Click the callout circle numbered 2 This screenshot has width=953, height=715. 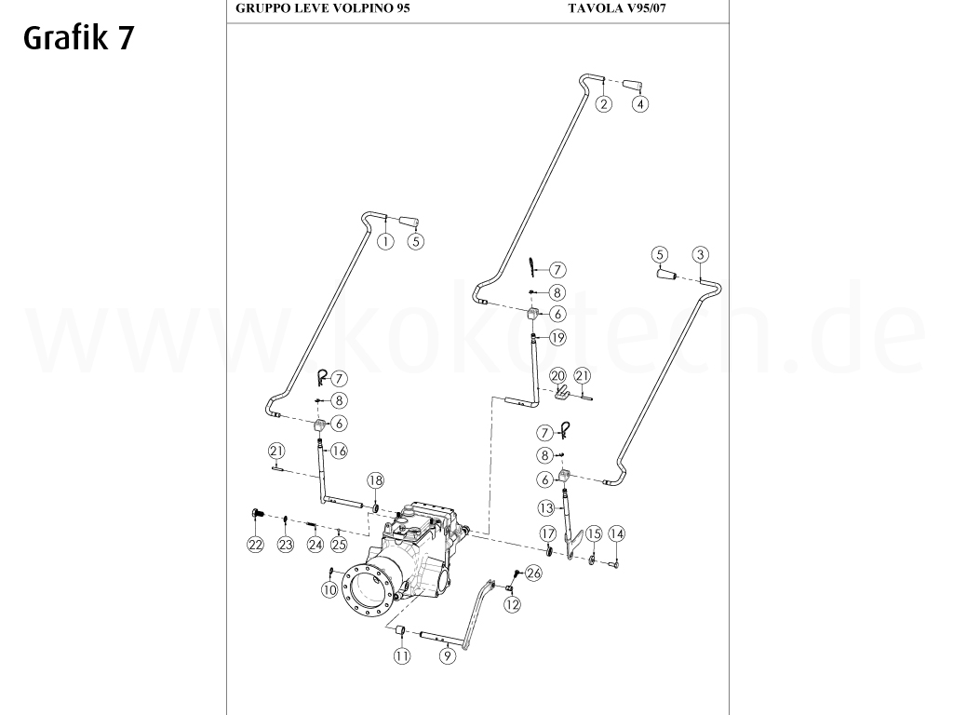[x=604, y=103]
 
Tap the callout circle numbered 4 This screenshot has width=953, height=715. [x=640, y=103]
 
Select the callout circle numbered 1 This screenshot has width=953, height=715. [x=384, y=241]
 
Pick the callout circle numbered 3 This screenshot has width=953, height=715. [x=701, y=254]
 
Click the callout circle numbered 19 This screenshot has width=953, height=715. [x=557, y=338]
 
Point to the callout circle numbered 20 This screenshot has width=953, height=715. [x=557, y=375]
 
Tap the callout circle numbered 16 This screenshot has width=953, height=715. [x=338, y=451]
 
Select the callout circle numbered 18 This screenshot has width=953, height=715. [x=374, y=480]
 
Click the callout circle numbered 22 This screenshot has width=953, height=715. [x=255, y=545]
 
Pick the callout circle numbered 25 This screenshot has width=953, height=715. [x=339, y=545]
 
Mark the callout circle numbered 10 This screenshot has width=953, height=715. [x=329, y=588]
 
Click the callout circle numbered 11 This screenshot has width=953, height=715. [x=401, y=655]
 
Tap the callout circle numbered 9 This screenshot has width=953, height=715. [x=448, y=655]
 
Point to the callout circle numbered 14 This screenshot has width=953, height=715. [x=616, y=534]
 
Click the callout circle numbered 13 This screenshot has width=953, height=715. [x=545, y=508]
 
